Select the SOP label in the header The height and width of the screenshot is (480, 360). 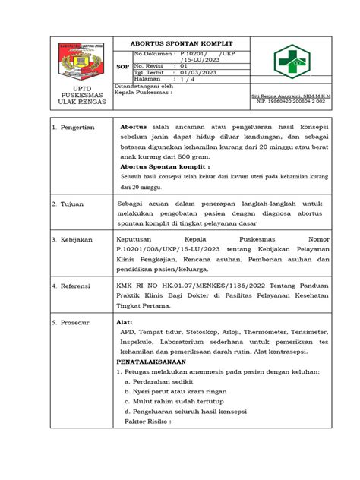pos(122,67)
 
